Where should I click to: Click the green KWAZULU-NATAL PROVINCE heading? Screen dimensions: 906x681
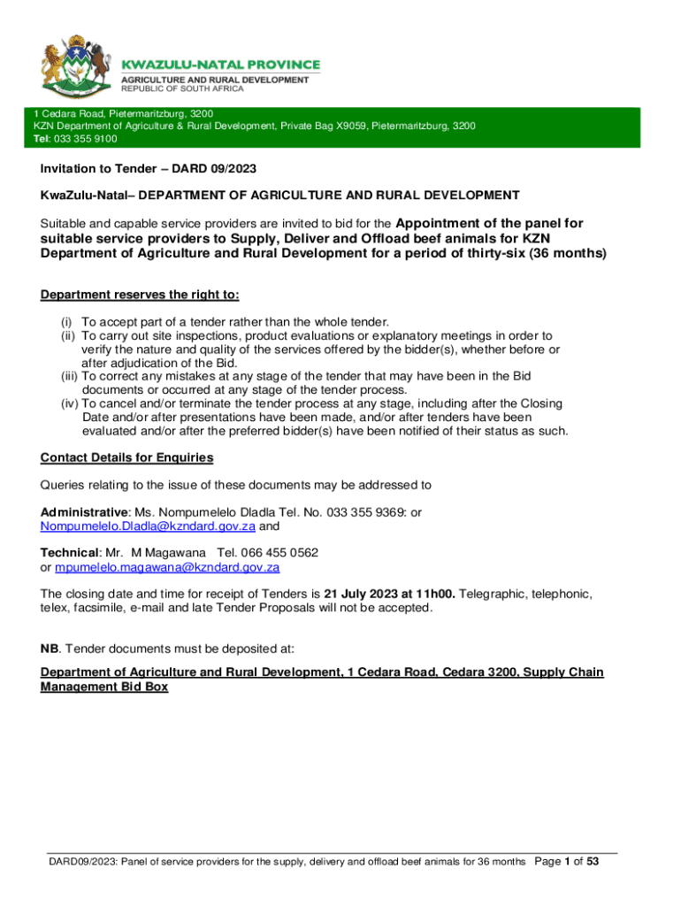tap(220, 65)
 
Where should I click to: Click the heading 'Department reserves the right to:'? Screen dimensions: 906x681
tap(140, 295)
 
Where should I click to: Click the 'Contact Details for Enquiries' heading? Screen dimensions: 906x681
tap(126, 457)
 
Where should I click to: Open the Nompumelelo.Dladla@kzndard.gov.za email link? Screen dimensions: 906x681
tap(148, 526)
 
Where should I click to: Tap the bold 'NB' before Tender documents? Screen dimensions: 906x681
tap(50, 647)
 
